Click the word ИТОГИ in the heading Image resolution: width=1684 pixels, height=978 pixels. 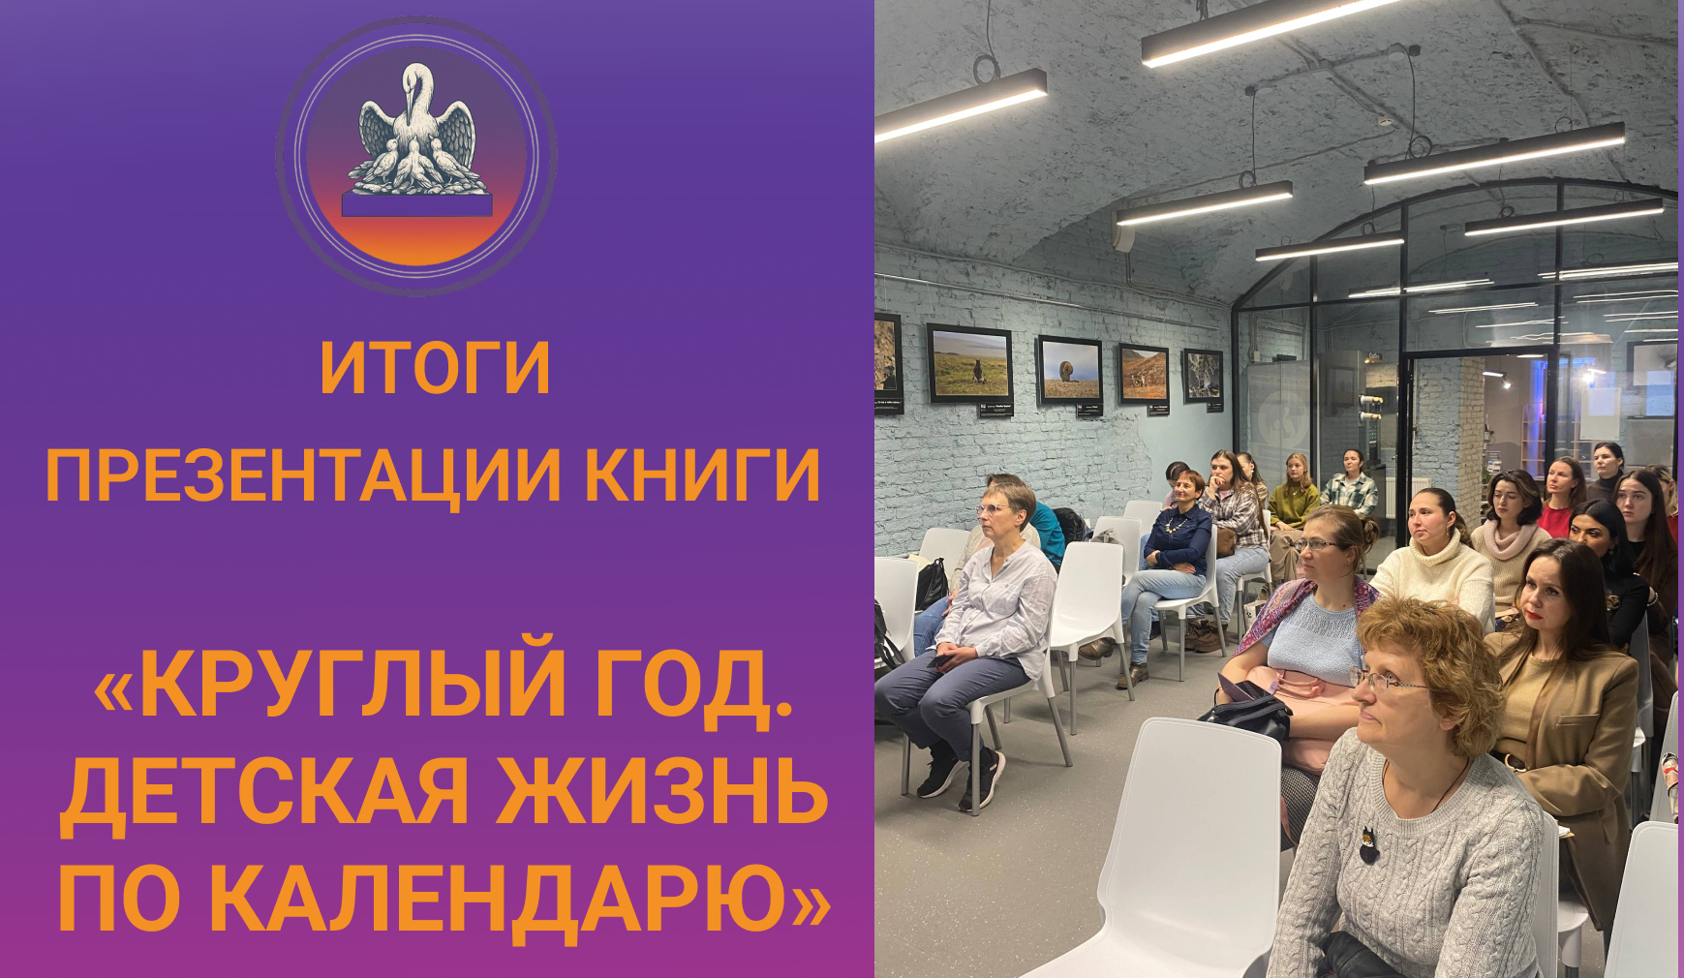(435, 369)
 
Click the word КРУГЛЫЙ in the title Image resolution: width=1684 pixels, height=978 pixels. (354, 686)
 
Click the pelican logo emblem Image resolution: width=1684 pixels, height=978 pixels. (417, 155)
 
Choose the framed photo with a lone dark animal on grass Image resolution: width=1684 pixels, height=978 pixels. (969, 365)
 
